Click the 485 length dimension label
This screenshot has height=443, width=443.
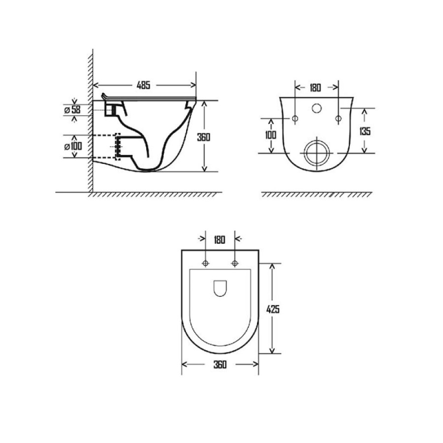(x=144, y=85)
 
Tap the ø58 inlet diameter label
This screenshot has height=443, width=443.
(x=72, y=110)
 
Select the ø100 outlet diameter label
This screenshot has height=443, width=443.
(x=73, y=146)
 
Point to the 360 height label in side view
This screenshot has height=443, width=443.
(x=204, y=137)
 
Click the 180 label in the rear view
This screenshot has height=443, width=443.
(x=316, y=88)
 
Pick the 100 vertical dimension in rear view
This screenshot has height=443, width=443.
(x=271, y=135)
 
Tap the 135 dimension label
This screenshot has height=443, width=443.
(x=365, y=131)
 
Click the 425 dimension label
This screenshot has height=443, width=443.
(x=273, y=310)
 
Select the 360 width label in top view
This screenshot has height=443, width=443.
(x=220, y=364)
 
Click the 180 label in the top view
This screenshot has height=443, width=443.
(x=220, y=240)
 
